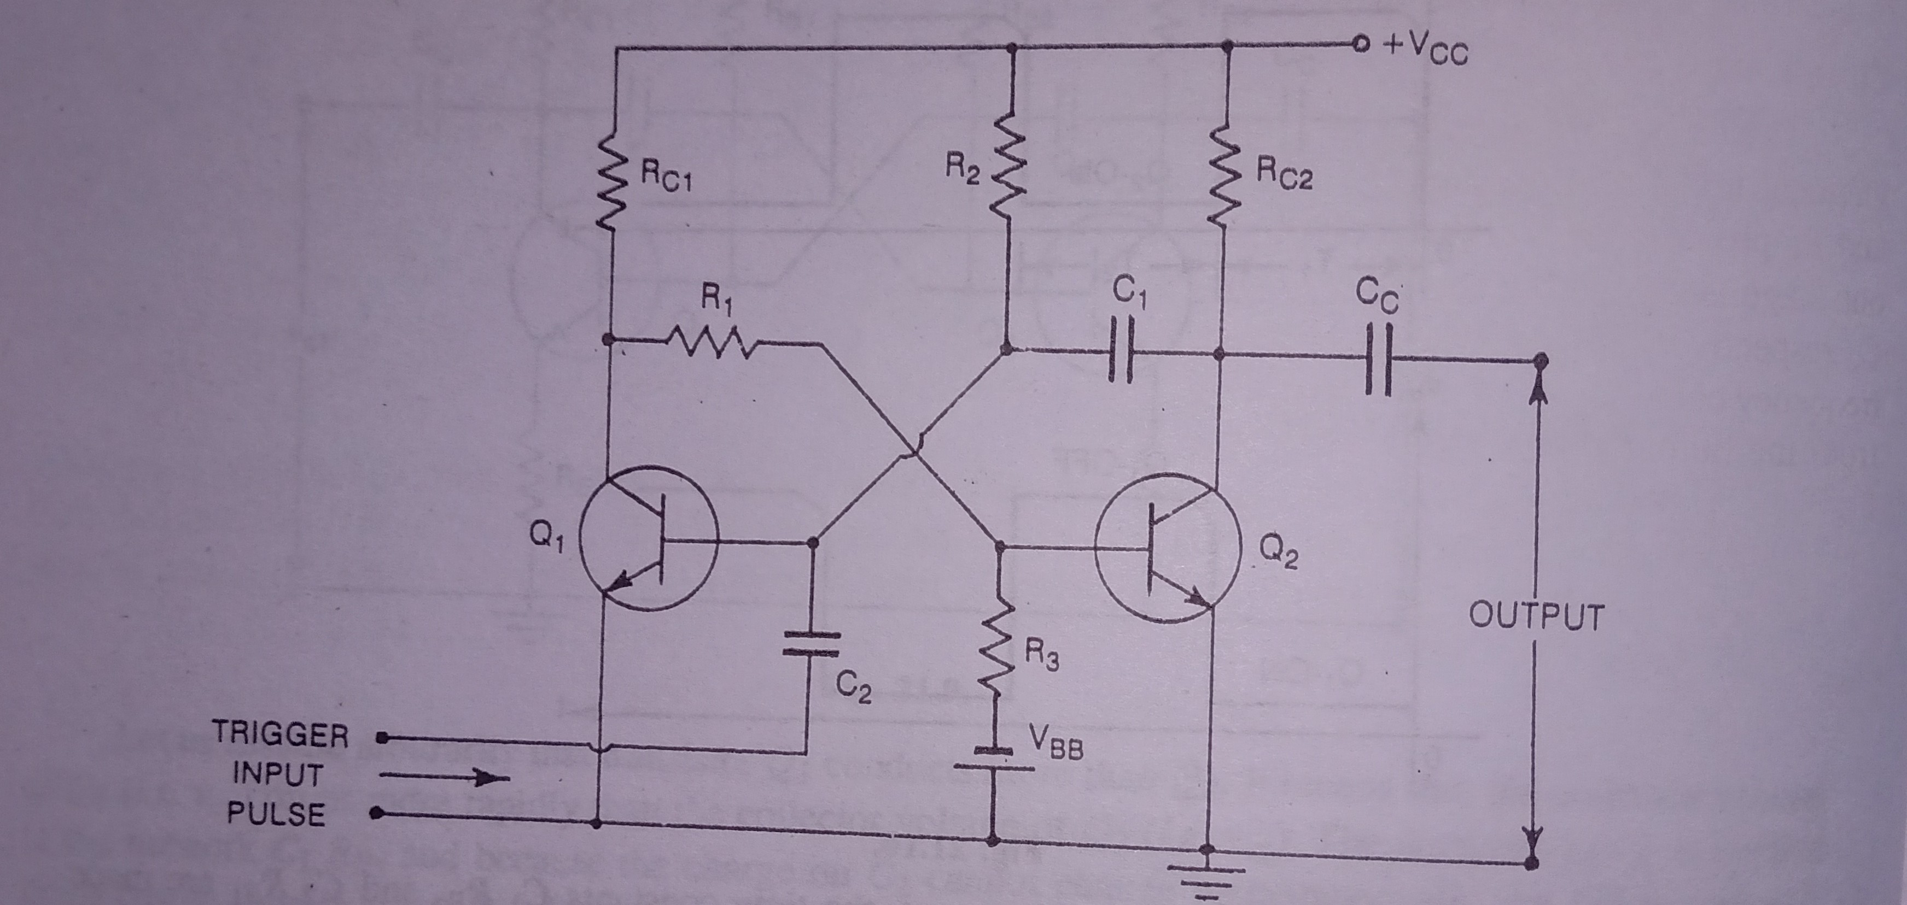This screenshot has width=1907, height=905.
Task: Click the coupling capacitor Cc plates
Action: (x=1378, y=360)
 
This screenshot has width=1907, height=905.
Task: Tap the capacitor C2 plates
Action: (x=812, y=644)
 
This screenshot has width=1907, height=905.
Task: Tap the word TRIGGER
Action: (x=281, y=735)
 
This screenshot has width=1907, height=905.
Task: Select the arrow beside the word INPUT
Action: (x=444, y=777)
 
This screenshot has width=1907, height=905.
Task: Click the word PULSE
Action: (x=276, y=814)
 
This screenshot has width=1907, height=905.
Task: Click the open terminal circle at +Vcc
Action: (x=1358, y=44)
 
